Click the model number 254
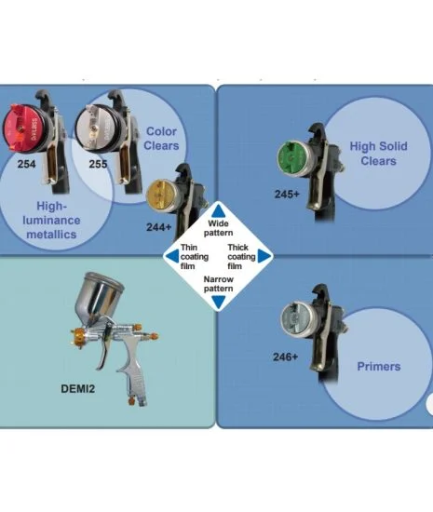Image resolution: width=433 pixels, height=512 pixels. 26,164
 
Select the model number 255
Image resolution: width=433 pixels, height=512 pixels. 98,164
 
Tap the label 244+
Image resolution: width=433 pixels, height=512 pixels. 158,227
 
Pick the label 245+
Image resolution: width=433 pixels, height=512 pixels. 287,195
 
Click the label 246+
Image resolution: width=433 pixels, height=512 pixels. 285,357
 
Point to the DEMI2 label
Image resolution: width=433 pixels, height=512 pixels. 77,388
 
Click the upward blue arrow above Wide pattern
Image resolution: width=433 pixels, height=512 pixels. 219,210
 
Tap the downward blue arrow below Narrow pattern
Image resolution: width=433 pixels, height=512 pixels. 219,302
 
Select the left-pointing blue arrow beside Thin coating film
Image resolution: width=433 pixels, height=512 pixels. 171,256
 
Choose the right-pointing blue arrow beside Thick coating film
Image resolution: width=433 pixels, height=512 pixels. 264,256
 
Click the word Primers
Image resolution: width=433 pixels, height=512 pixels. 379,367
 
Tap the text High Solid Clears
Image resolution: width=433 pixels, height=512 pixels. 378,154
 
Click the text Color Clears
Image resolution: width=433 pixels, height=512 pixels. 161,139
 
